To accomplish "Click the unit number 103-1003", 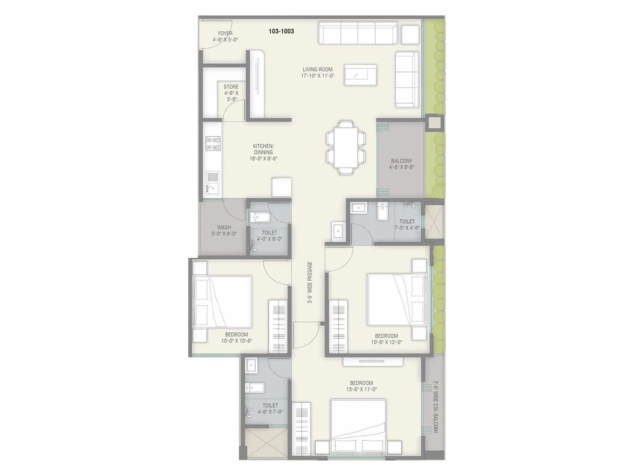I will point(281,31).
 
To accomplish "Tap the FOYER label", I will point(225,34).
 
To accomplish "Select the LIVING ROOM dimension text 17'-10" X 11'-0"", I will point(317,75).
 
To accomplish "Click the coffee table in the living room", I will point(360,75).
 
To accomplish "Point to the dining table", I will point(346,147).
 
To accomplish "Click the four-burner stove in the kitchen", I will point(213,143).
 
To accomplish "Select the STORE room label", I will point(231,87).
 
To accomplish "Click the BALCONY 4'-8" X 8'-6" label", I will point(401,164).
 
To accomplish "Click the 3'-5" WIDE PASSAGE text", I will point(310,282).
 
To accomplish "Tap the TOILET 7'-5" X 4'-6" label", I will point(407,225).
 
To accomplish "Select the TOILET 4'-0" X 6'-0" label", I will point(269,236).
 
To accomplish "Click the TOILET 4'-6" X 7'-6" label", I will point(270,409).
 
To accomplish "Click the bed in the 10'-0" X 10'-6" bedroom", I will point(222,302).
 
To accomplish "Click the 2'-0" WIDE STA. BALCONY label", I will point(435,407).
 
